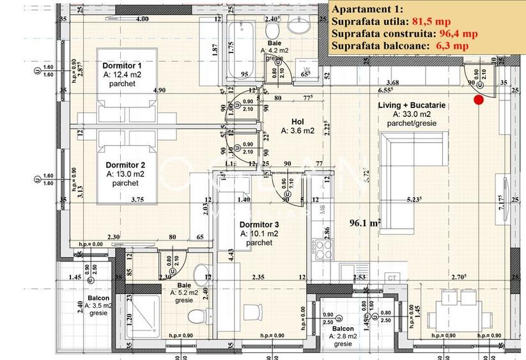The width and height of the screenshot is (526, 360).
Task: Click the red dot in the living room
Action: click(479, 99)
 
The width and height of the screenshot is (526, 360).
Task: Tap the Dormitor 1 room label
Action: click(121, 67)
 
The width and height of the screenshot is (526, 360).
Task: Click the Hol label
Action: click(297, 121)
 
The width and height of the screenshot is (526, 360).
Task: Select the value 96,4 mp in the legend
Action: click(458, 34)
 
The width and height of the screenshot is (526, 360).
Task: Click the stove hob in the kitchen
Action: click(321, 246)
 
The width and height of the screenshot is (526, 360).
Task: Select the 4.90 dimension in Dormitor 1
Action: click(159, 90)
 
